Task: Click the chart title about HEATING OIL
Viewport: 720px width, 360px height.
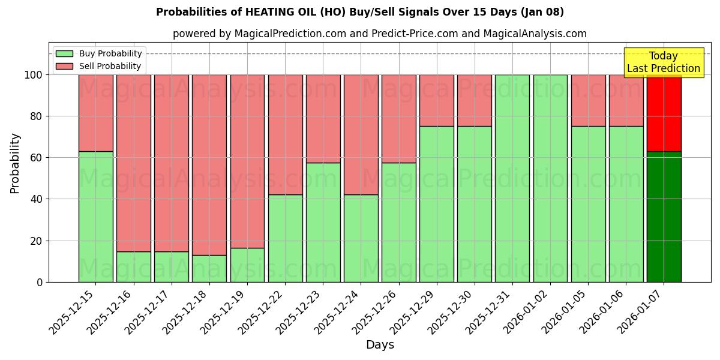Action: coord(360,12)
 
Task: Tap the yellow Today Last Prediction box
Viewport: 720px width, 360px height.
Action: coord(664,62)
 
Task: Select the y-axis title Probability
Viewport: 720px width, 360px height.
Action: coord(15,163)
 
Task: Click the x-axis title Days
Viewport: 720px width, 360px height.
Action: coord(380,345)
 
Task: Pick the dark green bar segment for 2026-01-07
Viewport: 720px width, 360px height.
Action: coord(664,217)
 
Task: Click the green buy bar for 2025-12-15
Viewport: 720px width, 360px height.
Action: coord(96,217)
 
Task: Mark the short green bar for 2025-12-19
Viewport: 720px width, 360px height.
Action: coord(247,265)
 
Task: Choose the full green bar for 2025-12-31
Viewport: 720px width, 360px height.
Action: coord(512,178)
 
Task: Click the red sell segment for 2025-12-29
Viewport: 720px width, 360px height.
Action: coord(437,100)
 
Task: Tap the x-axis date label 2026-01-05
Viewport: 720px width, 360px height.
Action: coord(565,312)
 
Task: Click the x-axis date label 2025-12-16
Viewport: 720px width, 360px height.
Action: coord(110,312)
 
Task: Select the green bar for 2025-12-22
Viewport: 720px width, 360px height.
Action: coord(285,238)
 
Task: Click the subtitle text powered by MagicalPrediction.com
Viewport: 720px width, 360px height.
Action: coord(380,34)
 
